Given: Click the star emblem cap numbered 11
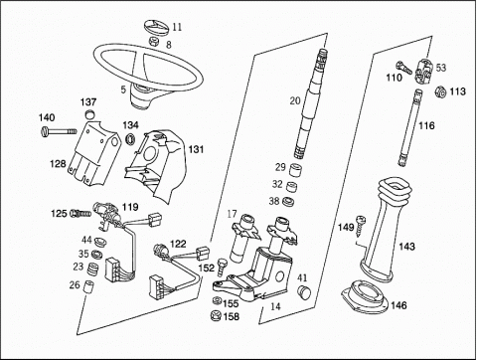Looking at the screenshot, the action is [x=157, y=27].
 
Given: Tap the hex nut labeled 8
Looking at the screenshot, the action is [x=153, y=42].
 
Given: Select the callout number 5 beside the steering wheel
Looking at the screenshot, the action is [x=123, y=90].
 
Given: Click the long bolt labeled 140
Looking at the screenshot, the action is [x=60, y=131].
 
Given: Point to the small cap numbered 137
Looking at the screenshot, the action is [x=89, y=113].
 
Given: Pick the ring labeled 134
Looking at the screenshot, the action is [x=131, y=138].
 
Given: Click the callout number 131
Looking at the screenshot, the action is [x=196, y=149].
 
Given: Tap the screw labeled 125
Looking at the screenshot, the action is [x=80, y=214].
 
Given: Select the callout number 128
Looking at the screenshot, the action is [x=58, y=164].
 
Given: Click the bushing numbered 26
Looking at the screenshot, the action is [x=88, y=286].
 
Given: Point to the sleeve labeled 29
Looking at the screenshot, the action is [x=296, y=169].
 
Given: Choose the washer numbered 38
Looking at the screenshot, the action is [x=288, y=202].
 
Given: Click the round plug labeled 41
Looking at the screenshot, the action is [x=303, y=291].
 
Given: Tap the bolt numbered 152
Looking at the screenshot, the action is [x=221, y=268].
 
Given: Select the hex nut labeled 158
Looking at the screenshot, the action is [x=216, y=316].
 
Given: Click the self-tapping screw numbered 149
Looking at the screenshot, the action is [x=360, y=226].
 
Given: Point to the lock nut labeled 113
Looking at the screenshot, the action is [x=440, y=91].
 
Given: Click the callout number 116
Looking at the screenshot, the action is [x=426, y=125].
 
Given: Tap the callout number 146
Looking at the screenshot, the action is [x=398, y=305].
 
